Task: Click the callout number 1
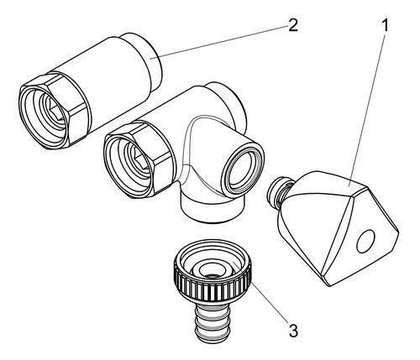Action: coord(386,25)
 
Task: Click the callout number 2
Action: coord(292,25)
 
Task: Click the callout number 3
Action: coord(293,331)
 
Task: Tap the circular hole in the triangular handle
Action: coord(365,242)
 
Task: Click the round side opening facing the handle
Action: coord(241,173)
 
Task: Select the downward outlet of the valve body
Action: coord(213,207)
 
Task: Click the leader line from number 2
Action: coord(219,42)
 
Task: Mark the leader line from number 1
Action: coord(366,109)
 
